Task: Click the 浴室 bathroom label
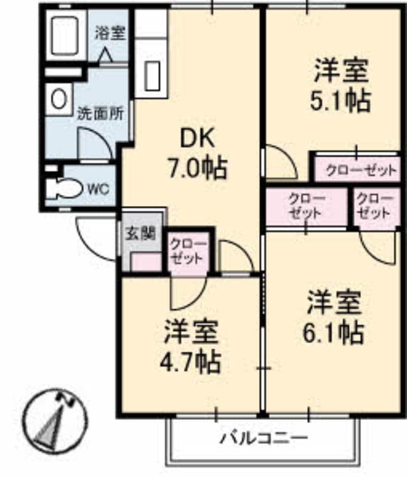point(110,33)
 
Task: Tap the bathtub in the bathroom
point(65,36)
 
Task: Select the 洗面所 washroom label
point(101,113)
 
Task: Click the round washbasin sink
point(59,100)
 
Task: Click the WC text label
point(98,189)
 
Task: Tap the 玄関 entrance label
point(140,234)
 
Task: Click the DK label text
point(198,139)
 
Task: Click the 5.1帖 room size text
point(340,100)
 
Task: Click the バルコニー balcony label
point(264,439)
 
